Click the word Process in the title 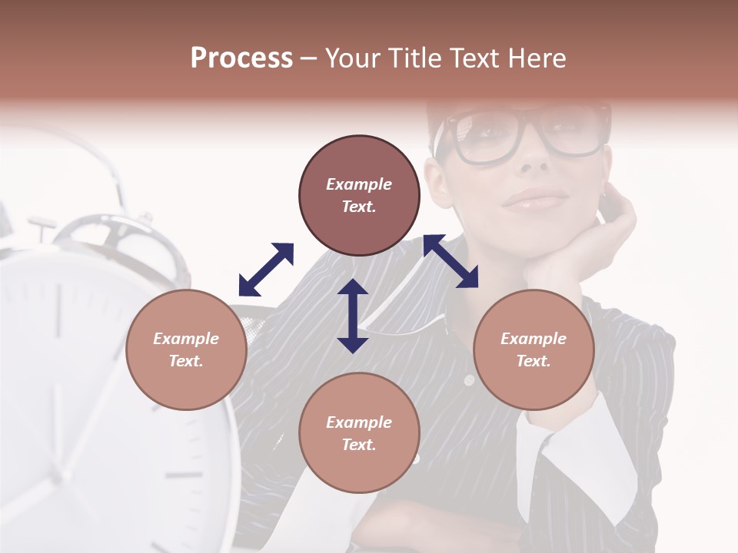[241, 58]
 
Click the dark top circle [359, 195]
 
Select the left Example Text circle [186, 349]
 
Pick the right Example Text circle [534, 349]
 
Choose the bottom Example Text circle [359, 433]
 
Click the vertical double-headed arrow [353, 316]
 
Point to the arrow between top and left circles [266, 270]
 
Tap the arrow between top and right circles [451, 261]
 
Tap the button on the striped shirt [468, 380]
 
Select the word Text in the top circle [359, 207]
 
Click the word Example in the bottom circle [359, 422]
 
